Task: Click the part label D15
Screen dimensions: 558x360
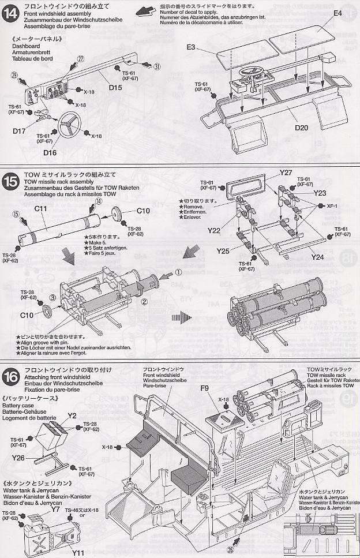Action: click(x=115, y=88)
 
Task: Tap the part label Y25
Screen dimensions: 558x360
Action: click(x=224, y=251)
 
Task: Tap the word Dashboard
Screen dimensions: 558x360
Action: click(x=26, y=47)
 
